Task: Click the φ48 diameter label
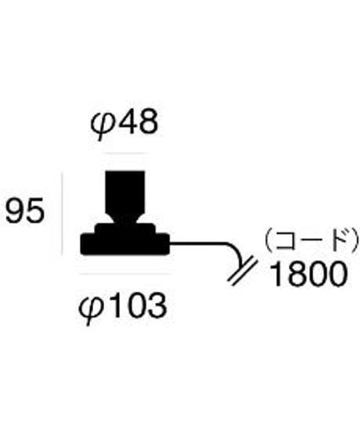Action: tap(124, 124)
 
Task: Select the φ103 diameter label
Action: tap(123, 308)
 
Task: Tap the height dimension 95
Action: tap(25, 211)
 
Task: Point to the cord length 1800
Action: tap(308, 275)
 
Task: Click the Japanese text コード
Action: tap(311, 240)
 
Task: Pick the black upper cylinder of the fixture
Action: tap(125, 193)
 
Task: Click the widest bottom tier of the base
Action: tap(124, 244)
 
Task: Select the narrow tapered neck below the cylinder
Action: tap(125, 219)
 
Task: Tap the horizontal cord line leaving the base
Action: tap(198, 243)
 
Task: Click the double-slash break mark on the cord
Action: tap(243, 272)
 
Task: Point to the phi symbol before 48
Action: tap(102, 128)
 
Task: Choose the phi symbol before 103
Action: tap(90, 311)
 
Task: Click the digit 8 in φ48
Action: tap(148, 122)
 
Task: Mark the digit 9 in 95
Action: tap(15, 211)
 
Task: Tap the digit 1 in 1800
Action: tap(276, 275)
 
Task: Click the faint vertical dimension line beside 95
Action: tap(63, 214)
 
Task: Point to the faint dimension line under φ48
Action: tap(124, 153)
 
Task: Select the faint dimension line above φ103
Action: tap(124, 274)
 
